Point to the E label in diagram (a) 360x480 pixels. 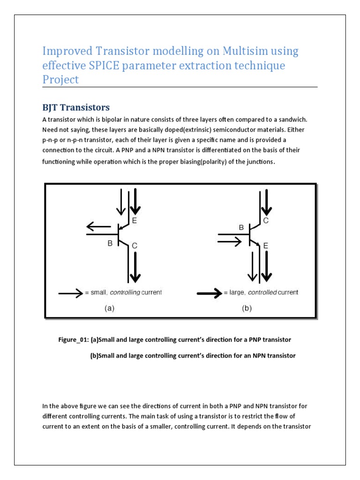pos(134,219)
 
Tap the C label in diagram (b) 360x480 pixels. pos(265,220)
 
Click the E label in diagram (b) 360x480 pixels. pos(265,245)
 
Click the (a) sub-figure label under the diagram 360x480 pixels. pos(108,308)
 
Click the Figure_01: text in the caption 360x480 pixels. pos(73,339)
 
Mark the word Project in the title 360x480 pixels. pos(61,79)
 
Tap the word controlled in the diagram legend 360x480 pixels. pos(263,292)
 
